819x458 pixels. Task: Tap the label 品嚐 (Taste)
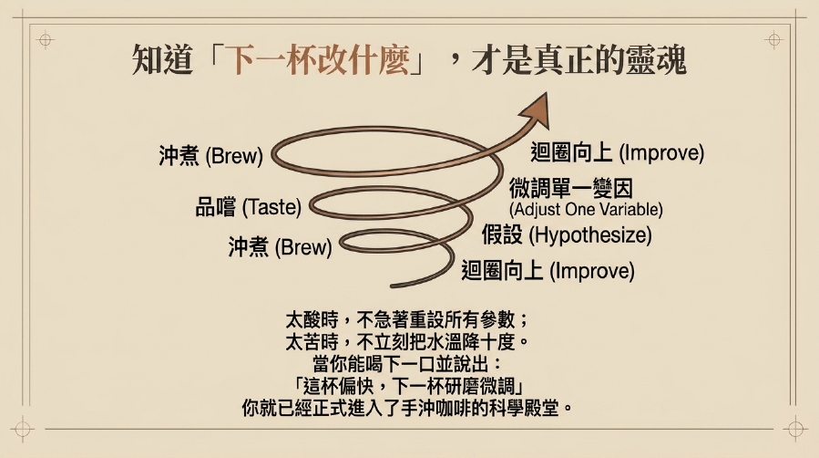[248, 208]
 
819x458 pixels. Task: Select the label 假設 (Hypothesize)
[567, 234]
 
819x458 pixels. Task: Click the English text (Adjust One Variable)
[586, 210]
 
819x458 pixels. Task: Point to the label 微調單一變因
[571, 188]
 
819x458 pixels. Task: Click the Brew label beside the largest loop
[211, 156]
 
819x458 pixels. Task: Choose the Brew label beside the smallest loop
[280, 246]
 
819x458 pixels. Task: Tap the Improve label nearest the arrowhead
[618, 152]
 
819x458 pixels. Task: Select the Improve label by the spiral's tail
[548, 271]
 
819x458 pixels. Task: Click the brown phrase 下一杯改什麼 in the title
[319, 60]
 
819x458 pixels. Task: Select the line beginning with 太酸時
[408, 319]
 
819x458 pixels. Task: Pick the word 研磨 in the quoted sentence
[462, 387]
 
